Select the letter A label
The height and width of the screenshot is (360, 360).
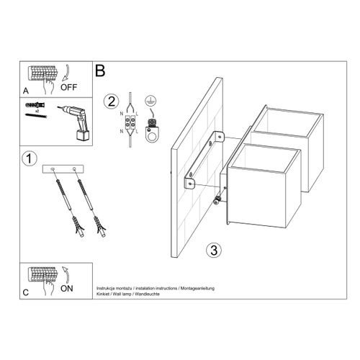25,91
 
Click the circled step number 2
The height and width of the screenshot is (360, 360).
110,101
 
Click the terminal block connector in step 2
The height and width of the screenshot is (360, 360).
132,122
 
